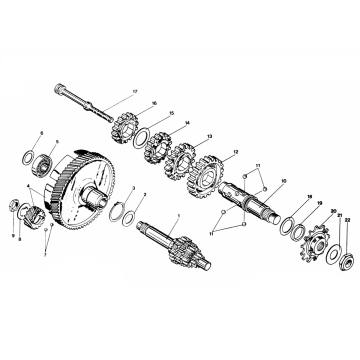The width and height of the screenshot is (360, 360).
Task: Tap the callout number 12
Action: (235, 154)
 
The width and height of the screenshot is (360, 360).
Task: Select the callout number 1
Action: (177, 217)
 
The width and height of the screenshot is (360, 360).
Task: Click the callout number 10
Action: (283, 181)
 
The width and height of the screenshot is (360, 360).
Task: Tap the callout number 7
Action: (43, 256)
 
